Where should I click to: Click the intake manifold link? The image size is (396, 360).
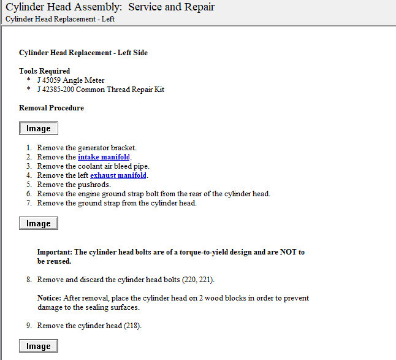(x=104, y=157)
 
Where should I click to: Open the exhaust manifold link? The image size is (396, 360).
(x=118, y=175)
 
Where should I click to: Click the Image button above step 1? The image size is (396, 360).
(x=39, y=129)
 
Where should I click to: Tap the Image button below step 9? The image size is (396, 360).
(x=39, y=347)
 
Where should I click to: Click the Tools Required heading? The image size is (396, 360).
(x=45, y=71)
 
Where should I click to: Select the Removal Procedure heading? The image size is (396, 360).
(x=51, y=108)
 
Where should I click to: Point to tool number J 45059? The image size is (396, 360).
(x=51, y=80)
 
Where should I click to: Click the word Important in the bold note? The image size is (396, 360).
(x=55, y=252)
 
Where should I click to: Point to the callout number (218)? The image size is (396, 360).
(x=132, y=326)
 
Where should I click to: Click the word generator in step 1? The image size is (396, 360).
(x=93, y=148)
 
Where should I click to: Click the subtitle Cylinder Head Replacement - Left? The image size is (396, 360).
(x=59, y=18)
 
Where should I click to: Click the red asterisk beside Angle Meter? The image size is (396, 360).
(x=28, y=81)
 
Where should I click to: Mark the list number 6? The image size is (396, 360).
(x=29, y=194)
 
